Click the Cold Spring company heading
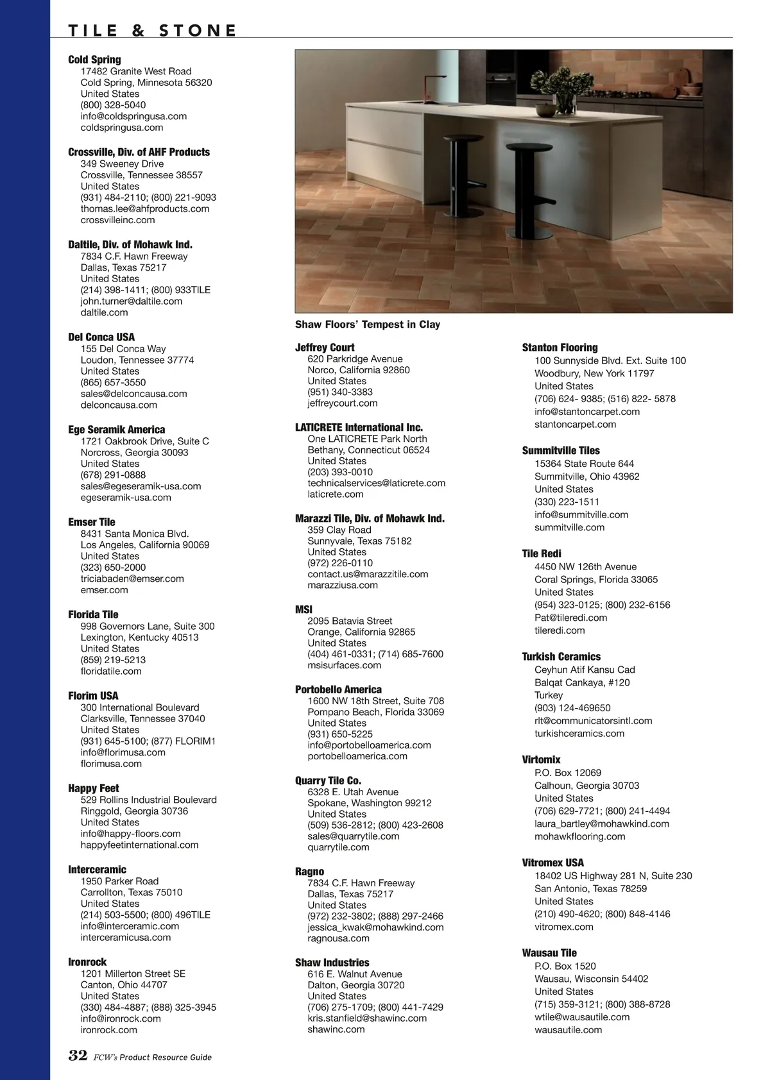pyautogui.click(x=94, y=60)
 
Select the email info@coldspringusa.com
pyautogui.click(x=133, y=116)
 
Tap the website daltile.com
pyautogui.click(x=104, y=312)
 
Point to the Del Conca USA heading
pyautogui.click(x=101, y=337)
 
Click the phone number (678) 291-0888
pyautogui.click(x=113, y=475)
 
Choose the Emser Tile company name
pyautogui.click(x=92, y=522)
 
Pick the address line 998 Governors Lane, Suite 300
pyautogui.click(x=148, y=626)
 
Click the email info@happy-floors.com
pyautogui.click(x=130, y=833)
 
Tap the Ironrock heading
pyautogui.click(x=87, y=961)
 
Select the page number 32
pyautogui.click(x=78, y=1056)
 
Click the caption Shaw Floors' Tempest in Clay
pyautogui.click(x=368, y=325)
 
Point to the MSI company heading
pyautogui.click(x=304, y=609)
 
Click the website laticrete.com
pyautogui.click(x=335, y=494)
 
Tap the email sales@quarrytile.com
pyautogui.click(x=353, y=836)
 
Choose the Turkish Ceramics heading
pyautogui.click(x=561, y=656)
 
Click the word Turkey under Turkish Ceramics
pyautogui.click(x=548, y=695)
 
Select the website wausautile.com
pyautogui.click(x=568, y=1029)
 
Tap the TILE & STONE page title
pyautogui.click(x=153, y=30)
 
